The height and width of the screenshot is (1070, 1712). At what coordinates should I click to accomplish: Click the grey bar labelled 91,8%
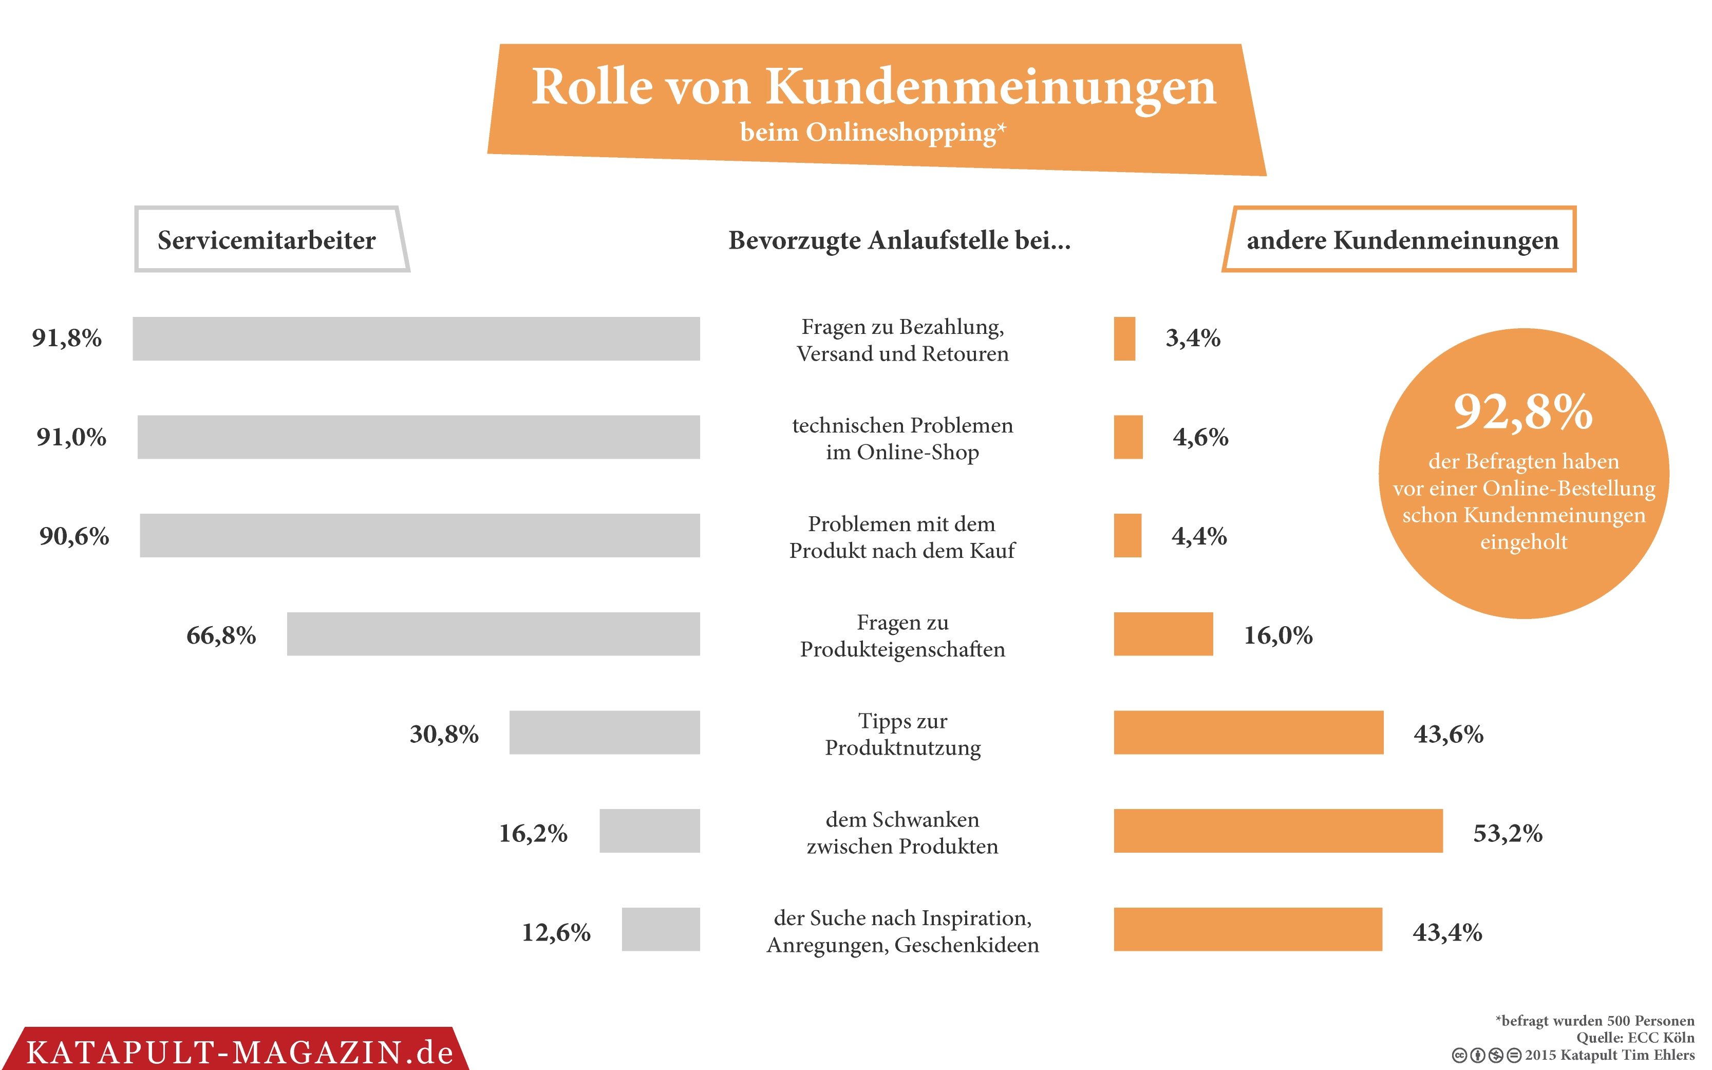click(x=416, y=339)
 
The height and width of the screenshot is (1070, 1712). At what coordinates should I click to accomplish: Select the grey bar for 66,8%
click(x=493, y=634)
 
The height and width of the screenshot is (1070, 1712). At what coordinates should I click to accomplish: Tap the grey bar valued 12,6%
click(x=661, y=929)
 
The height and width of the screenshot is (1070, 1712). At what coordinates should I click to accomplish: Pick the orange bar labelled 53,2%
click(x=1277, y=831)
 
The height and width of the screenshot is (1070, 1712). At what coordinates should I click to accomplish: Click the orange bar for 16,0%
click(x=1163, y=634)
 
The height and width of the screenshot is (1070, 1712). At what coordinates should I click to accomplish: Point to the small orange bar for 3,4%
click(x=1124, y=339)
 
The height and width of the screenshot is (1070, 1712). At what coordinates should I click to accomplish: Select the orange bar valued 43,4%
click(x=1247, y=929)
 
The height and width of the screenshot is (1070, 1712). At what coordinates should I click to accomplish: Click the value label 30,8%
click(x=444, y=734)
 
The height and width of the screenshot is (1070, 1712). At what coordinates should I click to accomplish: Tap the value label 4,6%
click(x=1200, y=437)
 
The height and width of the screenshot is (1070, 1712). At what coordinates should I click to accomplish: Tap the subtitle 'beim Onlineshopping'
click(x=868, y=133)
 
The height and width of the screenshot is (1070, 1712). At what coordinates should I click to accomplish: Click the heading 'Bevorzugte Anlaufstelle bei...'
click(x=899, y=240)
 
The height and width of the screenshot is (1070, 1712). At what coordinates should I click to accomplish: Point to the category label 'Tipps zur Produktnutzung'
click(x=902, y=734)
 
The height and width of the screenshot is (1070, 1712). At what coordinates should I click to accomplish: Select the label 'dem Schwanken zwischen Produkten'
click(x=902, y=832)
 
